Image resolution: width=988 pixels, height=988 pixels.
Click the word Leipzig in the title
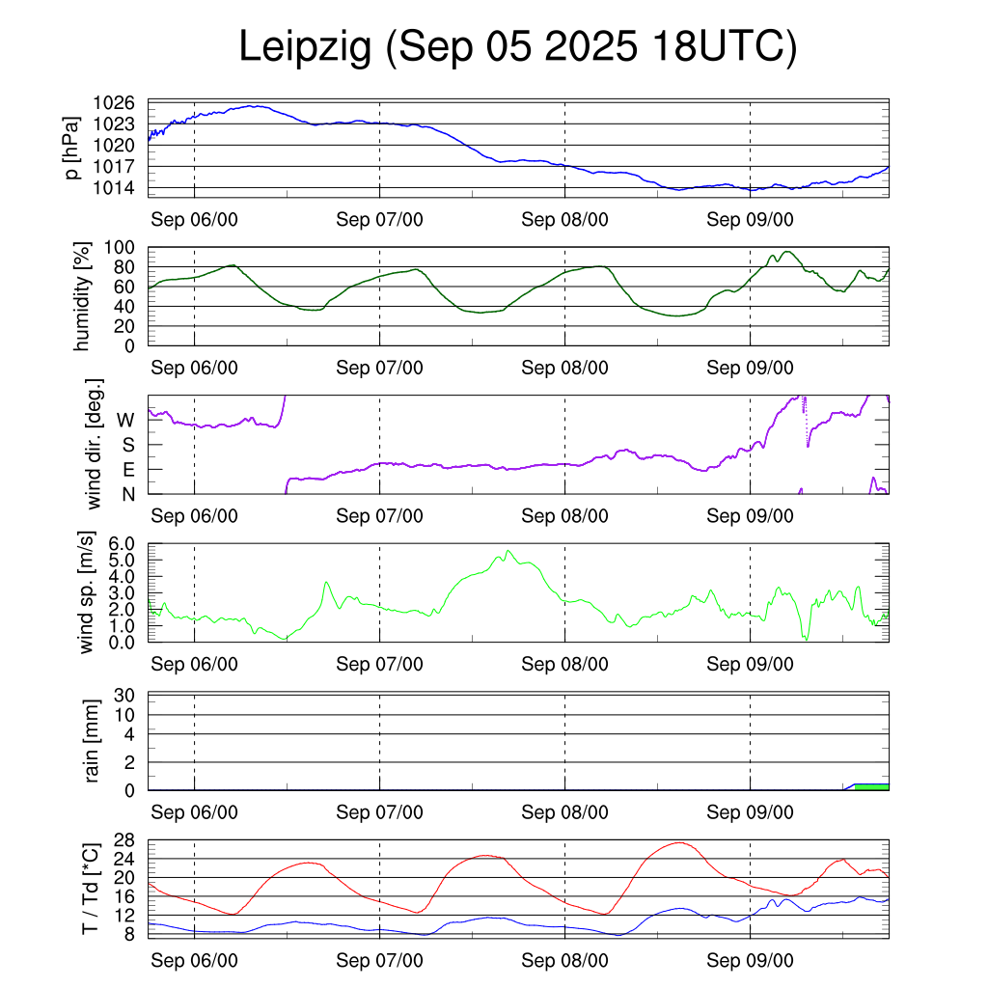[305, 48]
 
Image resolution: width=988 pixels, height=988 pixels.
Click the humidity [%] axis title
[83, 296]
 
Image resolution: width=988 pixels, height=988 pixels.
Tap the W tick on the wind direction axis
[125, 421]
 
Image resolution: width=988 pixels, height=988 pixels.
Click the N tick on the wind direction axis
[126, 494]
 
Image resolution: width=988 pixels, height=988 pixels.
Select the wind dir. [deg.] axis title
[94, 444]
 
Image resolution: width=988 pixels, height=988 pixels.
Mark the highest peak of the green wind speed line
[508, 551]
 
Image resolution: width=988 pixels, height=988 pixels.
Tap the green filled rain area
[872, 787]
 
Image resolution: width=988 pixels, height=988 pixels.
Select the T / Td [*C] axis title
[90, 888]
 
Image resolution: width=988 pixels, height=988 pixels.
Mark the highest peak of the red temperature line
[680, 842]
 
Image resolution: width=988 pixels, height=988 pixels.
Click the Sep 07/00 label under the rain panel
[379, 812]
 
